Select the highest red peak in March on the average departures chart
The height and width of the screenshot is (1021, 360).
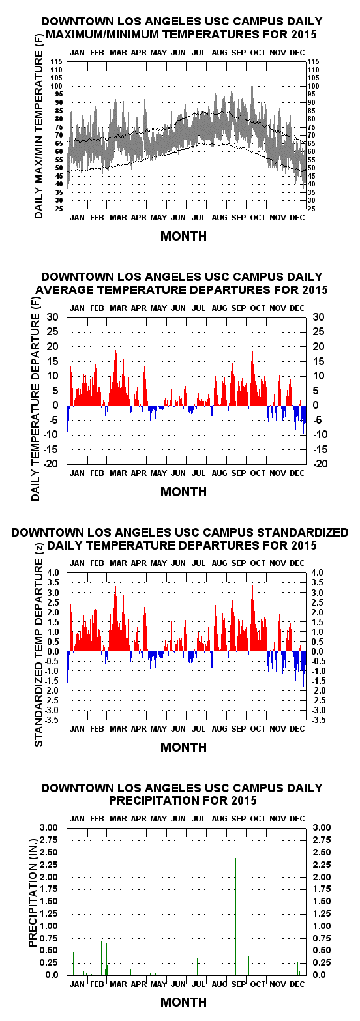[115, 377]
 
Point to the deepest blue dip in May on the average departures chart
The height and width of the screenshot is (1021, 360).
[151, 417]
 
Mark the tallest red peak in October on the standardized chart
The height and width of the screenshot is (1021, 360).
[252, 618]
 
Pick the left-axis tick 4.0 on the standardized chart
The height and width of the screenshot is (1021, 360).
[53, 572]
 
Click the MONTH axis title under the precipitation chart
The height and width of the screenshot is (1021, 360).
[184, 1002]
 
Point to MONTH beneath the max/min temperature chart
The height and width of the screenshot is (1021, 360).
[184, 236]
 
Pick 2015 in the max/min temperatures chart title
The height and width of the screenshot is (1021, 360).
[301, 35]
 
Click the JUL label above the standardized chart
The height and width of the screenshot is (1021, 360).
[198, 563]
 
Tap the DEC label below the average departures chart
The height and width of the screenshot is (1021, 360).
[297, 473]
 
